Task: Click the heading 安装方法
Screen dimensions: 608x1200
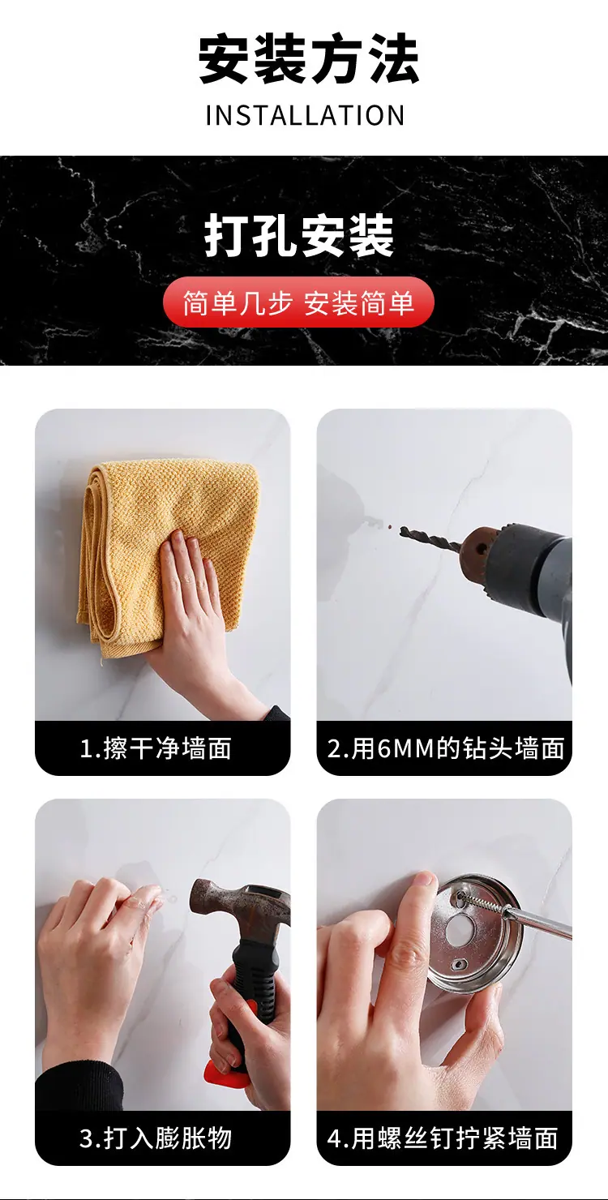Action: point(308,58)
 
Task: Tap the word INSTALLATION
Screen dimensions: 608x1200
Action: point(305,116)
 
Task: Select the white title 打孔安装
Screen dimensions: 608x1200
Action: point(299,236)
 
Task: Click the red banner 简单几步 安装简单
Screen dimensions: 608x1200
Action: point(298,303)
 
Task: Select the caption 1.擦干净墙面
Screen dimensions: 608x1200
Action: point(156,748)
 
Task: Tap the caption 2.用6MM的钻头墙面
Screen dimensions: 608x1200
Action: point(445,748)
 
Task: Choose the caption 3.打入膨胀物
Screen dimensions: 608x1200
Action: point(156,1138)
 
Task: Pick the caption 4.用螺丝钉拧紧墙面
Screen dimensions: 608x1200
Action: point(443,1138)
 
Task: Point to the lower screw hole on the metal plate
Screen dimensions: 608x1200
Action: point(457,965)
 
